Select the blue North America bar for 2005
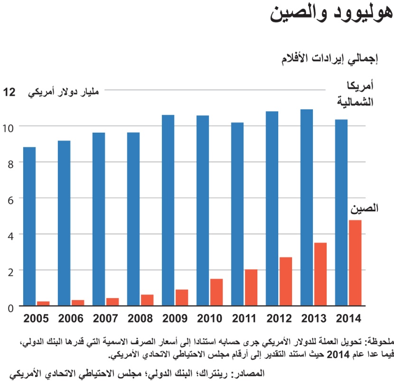[x=29, y=226]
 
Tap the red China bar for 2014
[x=355, y=263]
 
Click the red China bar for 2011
[x=251, y=288]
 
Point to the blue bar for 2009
[x=168, y=210]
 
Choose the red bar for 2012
[x=286, y=282]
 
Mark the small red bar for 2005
[x=44, y=304]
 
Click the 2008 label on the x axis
[x=141, y=318]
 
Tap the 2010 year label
[x=210, y=318]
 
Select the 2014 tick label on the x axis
[x=348, y=318]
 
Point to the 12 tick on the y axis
[x=9, y=92]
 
